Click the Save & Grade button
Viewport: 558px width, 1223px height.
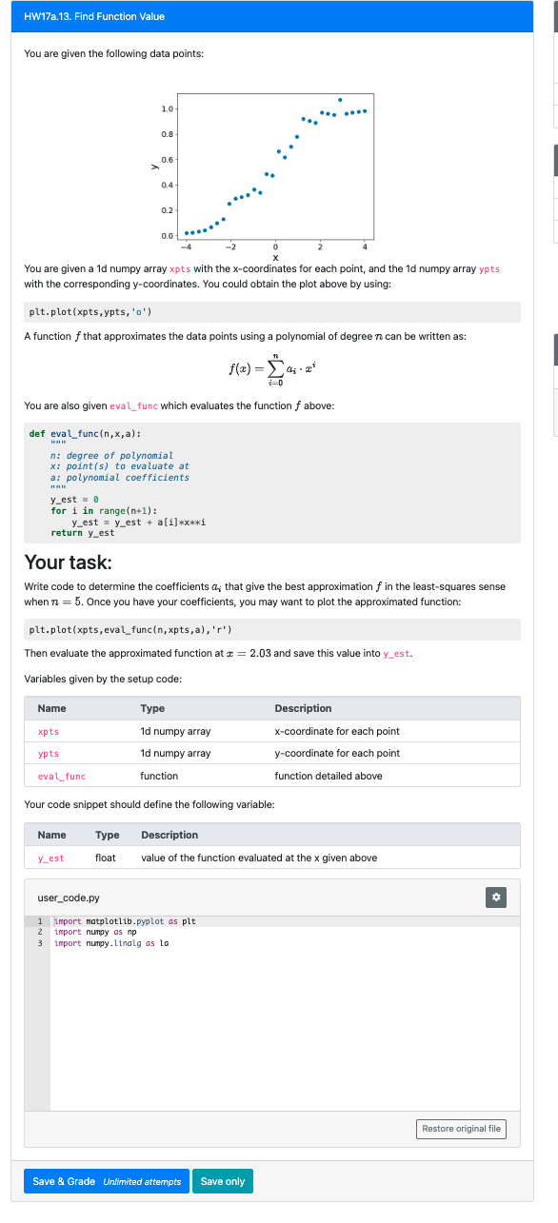click(x=106, y=1181)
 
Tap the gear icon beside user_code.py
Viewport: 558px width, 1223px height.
click(x=495, y=898)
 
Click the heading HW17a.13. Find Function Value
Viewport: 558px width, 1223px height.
click(x=94, y=16)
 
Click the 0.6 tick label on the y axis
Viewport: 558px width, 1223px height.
click(x=168, y=159)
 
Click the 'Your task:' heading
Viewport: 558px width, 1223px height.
click(x=68, y=562)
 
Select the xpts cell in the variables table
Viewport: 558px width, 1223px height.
click(x=49, y=731)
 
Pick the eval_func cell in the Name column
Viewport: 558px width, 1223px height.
click(x=61, y=776)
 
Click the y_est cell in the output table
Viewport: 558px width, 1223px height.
click(x=50, y=858)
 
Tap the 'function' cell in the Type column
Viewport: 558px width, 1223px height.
click(x=159, y=776)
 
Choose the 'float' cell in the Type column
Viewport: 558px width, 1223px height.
click(x=106, y=858)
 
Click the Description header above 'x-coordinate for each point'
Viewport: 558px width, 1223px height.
click(x=303, y=708)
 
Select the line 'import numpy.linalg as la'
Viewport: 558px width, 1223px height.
click(x=111, y=943)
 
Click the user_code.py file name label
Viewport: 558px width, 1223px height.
click(x=68, y=898)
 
